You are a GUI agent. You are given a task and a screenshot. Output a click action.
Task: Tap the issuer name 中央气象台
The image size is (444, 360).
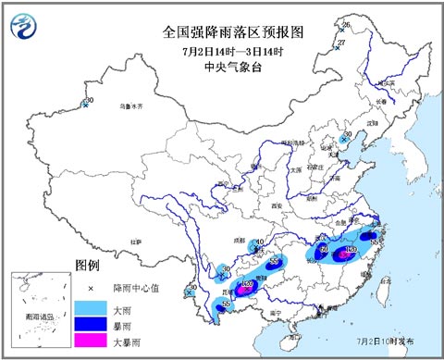coord(221,66)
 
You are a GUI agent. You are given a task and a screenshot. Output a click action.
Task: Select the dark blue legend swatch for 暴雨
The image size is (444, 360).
coord(92,325)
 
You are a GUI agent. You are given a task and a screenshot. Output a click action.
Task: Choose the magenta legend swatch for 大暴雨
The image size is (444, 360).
coord(92,343)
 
